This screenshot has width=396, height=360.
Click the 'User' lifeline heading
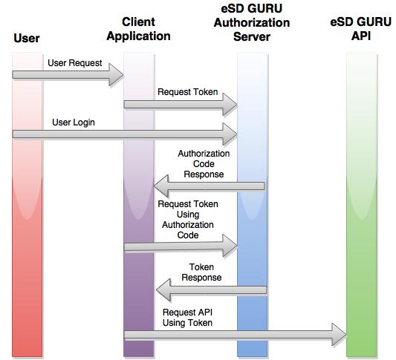(27, 38)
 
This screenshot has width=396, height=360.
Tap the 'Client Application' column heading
(146, 29)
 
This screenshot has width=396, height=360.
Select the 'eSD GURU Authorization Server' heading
(251, 23)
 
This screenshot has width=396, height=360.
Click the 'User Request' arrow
(67, 74)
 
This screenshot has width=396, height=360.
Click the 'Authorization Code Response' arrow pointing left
(208, 186)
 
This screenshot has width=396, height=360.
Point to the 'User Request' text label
(75, 63)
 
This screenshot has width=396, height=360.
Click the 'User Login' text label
(74, 121)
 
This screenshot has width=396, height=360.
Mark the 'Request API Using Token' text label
(187, 317)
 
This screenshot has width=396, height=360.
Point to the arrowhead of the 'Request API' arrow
(339, 335)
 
